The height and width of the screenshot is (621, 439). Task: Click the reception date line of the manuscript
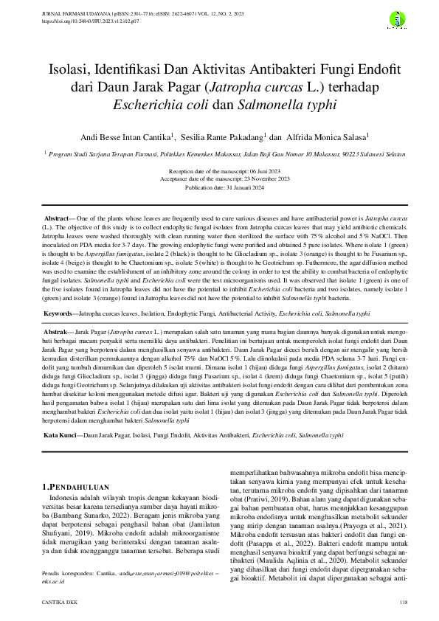click(x=219, y=170)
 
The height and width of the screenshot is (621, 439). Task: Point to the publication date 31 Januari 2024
click(x=219, y=188)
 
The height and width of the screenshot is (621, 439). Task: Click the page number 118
click(x=404, y=603)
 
